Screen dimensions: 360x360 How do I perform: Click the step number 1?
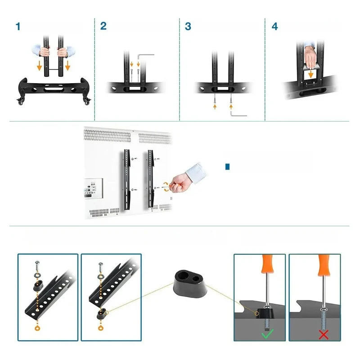(18, 27)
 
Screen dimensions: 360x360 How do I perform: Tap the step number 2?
(103, 26)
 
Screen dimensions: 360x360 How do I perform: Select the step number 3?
(188, 27)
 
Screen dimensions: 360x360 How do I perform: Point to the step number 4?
(274, 27)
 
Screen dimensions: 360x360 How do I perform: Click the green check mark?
(267, 334)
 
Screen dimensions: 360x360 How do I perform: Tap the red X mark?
(324, 334)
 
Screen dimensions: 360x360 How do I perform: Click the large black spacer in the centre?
(190, 283)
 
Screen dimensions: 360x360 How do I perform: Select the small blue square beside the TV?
(228, 166)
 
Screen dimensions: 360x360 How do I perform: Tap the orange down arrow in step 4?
(310, 74)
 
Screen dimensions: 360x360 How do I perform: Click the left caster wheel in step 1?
(21, 101)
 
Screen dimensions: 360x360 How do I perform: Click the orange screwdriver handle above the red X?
(324, 265)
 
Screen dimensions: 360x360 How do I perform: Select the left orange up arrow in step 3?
(215, 107)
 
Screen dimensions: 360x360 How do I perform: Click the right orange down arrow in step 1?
(67, 66)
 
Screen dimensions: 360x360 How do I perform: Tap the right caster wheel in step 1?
(87, 101)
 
